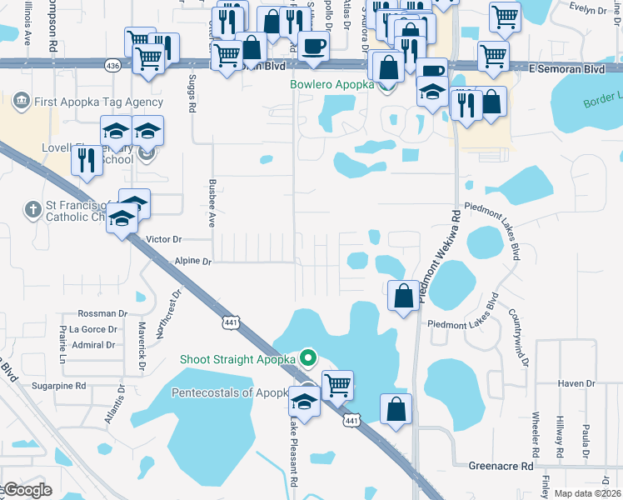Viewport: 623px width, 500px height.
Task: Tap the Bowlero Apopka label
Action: coord(333,85)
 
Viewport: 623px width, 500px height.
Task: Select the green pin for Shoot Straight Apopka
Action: coord(308,359)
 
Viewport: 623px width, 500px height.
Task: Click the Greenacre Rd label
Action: coord(501,467)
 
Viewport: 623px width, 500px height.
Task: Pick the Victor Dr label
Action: coord(163,239)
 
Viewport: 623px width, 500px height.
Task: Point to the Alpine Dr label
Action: coord(194,261)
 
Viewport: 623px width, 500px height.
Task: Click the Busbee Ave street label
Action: coord(212,203)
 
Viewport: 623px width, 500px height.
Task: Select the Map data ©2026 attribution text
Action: coord(587,493)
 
